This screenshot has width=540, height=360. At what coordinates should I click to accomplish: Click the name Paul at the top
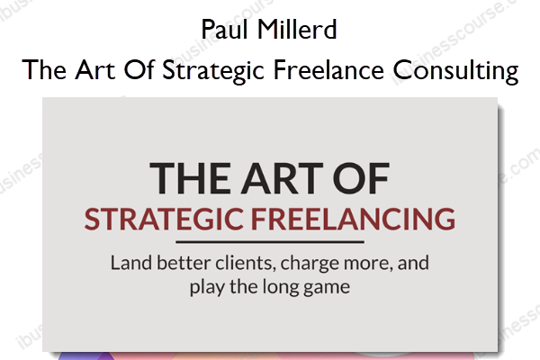click(x=224, y=30)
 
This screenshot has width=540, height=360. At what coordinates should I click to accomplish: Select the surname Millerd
click(x=297, y=30)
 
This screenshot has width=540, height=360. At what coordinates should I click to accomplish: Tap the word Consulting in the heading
click(x=455, y=71)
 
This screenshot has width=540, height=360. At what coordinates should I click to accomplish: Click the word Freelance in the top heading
click(x=328, y=69)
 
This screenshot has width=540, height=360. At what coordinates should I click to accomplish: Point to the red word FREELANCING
click(x=353, y=219)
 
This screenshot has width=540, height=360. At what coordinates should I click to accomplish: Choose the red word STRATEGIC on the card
click(x=165, y=219)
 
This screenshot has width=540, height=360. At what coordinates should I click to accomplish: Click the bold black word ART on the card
click(x=282, y=178)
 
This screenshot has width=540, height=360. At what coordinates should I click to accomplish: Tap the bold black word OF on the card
click(x=361, y=178)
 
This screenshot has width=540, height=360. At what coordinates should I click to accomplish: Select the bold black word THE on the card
click(x=190, y=178)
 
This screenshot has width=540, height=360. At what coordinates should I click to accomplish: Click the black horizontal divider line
click(x=270, y=242)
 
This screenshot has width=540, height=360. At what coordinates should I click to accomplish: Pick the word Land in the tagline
click(x=131, y=263)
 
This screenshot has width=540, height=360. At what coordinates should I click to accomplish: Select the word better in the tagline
click(x=184, y=263)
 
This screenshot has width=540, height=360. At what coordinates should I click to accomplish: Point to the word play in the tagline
click(x=207, y=288)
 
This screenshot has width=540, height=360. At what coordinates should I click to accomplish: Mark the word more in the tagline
click(x=368, y=265)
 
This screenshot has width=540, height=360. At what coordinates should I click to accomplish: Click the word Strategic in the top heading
click(x=213, y=71)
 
